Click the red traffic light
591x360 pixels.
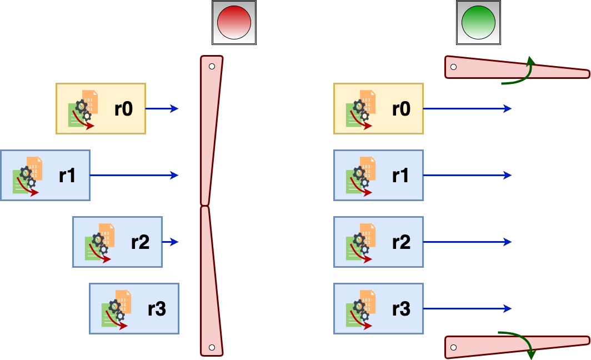coord(234,22)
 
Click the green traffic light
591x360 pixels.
coord(478,22)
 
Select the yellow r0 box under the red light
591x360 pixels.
coord(101,109)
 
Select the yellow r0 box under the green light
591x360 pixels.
coord(378,109)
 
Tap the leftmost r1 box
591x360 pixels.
coord(45,176)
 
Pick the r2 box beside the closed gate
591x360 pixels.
coord(117,242)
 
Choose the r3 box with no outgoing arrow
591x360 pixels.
coord(134,309)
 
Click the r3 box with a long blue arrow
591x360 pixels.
coord(378,309)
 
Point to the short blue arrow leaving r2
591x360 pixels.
coord(171,242)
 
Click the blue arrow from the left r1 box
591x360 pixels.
coord(134,176)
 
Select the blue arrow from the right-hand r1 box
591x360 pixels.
coord(467,176)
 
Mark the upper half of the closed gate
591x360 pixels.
coord(211,131)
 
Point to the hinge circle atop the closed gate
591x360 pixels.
coord(212,67)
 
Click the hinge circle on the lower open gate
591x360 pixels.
coord(453,348)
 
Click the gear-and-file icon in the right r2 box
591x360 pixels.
coord(361,242)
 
